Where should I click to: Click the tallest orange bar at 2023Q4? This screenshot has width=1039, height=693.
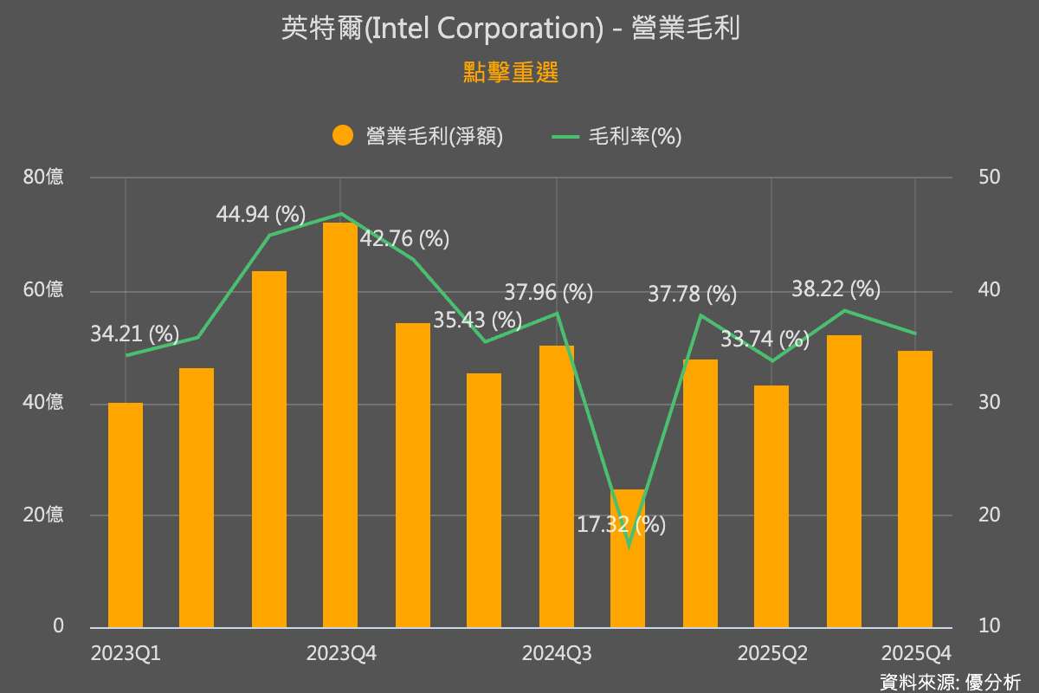click(x=340, y=424)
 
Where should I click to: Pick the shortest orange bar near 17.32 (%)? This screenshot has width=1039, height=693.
click(x=628, y=559)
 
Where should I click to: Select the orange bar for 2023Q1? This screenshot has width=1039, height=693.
click(x=126, y=515)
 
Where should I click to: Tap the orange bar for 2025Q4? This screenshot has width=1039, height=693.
click(x=915, y=489)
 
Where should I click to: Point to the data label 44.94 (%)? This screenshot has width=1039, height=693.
click(x=261, y=214)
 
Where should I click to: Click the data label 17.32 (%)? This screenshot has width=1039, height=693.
click(x=621, y=524)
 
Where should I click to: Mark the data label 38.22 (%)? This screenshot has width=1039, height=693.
click(x=836, y=289)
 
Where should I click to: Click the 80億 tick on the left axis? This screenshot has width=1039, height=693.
click(x=43, y=178)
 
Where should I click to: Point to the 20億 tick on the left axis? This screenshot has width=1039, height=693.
click(x=43, y=515)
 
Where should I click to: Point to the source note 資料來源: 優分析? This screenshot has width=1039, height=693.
click(x=950, y=682)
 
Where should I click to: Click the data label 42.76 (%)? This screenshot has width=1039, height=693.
click(x=404, y=239)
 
